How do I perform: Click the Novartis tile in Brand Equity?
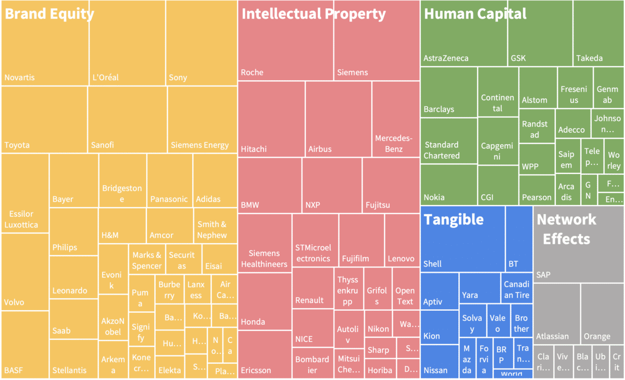45,52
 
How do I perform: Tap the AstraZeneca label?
446,58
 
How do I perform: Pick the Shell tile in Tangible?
463,239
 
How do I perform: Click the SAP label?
543,274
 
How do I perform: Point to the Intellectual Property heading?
314,14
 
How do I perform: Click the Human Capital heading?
475,14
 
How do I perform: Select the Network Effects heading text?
566,229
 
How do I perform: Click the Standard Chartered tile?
449,141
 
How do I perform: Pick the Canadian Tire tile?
517,288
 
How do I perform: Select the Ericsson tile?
265,354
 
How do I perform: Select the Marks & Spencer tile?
147,260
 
